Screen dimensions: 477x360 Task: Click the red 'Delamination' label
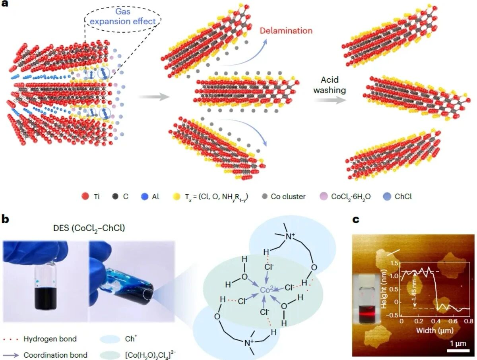tap(286, 31)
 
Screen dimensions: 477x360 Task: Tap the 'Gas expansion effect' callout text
tap(123, 16)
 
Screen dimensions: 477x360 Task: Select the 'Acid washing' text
tap(330, 85)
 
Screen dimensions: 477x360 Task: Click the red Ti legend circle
tap(85, 197)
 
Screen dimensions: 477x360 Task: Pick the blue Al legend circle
tap(145, 197)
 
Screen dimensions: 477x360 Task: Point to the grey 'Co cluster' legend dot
tap(264, 197)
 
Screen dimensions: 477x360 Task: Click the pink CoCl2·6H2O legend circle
tap(324, 197)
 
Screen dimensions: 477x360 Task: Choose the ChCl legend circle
tap(387, 197)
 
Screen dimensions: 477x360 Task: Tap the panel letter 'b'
tap(5, 219)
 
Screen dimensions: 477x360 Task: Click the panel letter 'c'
tap(356, 220)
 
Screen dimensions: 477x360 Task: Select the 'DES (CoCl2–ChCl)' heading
tap(89, 228)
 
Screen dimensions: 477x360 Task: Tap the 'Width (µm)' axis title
tap(435, 330)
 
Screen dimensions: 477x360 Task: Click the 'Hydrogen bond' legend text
tap(50, 339)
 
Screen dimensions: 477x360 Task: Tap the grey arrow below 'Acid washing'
tap(330, 100)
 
